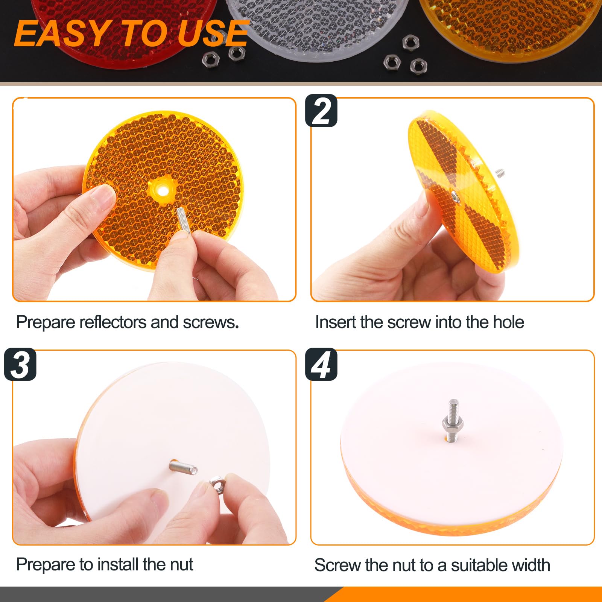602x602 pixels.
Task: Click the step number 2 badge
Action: point(321,111)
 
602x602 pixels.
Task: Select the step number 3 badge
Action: point(20,364)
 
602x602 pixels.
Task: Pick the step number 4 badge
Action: point(321,364)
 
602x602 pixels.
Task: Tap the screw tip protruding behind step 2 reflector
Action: point(500,173)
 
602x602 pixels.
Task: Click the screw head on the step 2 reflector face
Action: point(455,196)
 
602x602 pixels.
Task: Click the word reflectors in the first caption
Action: point(113,322)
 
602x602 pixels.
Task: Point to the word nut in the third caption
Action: point(181,565)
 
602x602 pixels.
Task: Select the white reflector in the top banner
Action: point(320,26)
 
